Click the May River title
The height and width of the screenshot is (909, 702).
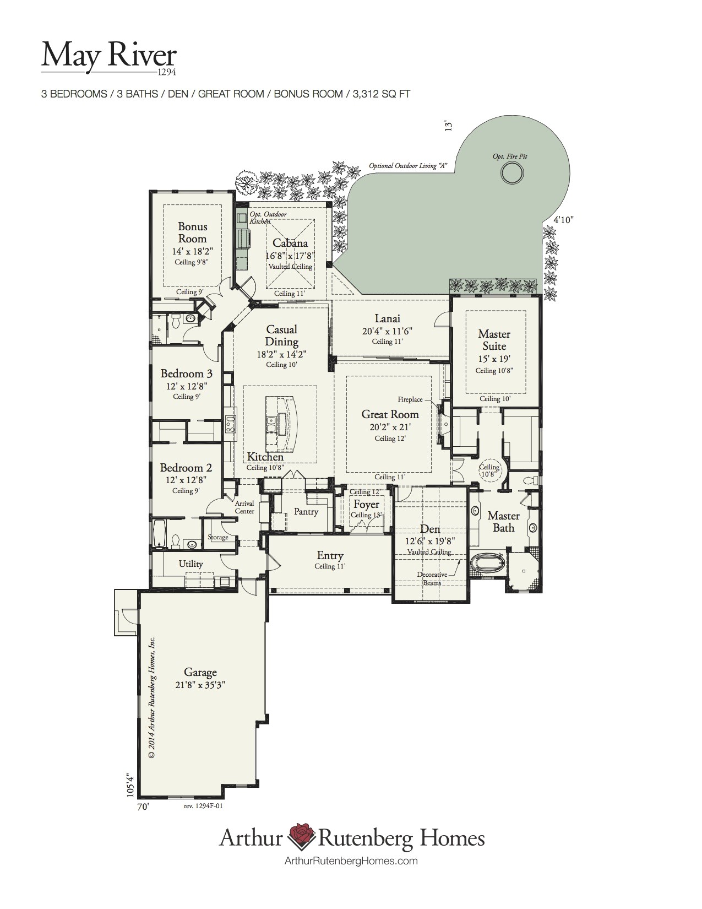(x=109, y=57)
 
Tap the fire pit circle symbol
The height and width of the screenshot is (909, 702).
(x=510, y=174)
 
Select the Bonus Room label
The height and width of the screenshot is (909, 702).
(x=192, y=232)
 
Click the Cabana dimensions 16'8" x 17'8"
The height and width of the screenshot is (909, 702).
(x=290, y=256)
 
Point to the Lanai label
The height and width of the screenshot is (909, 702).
(x=387, y=318)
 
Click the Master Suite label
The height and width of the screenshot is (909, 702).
(x=494, y=340)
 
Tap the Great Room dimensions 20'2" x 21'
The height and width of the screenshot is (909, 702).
(x=390, y=426)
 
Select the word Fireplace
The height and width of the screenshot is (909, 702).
(x=410, y=399)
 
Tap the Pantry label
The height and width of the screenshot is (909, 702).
(x=306, y=511)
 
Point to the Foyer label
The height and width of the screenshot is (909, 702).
(x=366, y=504)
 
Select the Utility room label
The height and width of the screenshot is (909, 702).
(x=191, y=564)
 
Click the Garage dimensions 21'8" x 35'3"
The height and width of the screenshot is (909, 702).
(x=200, y=685)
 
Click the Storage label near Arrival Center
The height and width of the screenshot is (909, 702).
(x=218, y=537)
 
